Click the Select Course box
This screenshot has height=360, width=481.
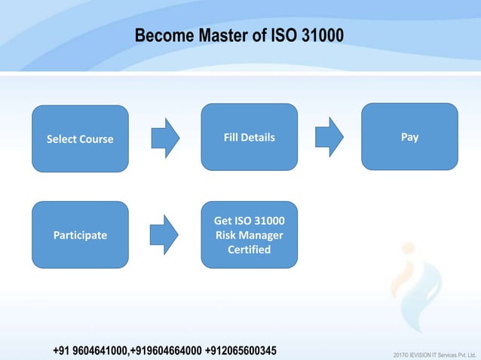pyautogui.click(x=80, y=139)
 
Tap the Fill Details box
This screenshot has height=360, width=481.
pyautogui.click(x=249, y=137)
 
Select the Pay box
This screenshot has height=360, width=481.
pyautogui.click(x=409, y=136)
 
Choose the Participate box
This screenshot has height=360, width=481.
pyautogui.click(x=80, y=235)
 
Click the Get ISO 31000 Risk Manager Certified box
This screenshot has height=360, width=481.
pyautogui.click(x=249, y=234)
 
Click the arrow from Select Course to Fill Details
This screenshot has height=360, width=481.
pyautogui.click(x=165, y=138)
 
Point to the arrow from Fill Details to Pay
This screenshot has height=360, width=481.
pyautogui.click(x=329, y=137)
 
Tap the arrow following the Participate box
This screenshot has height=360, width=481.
pyautogui.click(x=165, y=234)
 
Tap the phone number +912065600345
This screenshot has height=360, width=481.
pyautogui.click(x=240, y=351)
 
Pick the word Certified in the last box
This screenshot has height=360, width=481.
pyautogui.click(x=249, y=249)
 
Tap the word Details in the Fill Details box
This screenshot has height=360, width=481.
pyautogui.click(x=258, y=138)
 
